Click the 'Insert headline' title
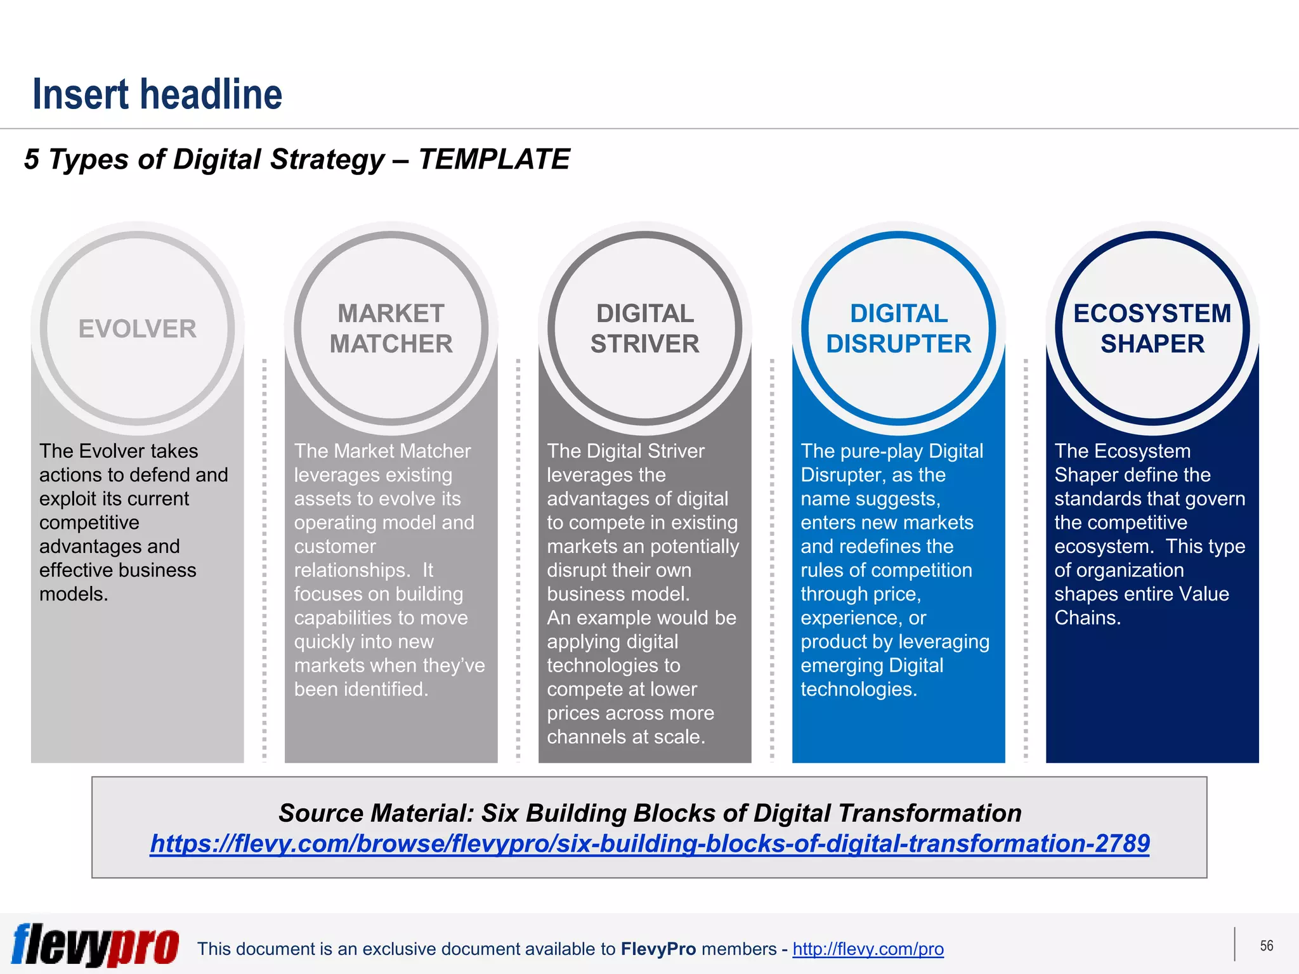point(157,94)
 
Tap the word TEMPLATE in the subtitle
point(493,159)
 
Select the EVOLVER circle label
point(137,329)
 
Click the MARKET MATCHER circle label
point(391,328)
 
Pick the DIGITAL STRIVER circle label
point(644,328)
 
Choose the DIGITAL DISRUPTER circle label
point(898,328)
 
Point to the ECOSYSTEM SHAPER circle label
point(1152,328)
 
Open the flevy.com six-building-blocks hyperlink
point(649,843)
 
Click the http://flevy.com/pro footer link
point(868,949)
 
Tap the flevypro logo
point(95,945)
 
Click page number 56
point(1266,946)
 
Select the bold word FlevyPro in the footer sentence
point(658,949)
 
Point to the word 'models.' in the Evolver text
point(74,594)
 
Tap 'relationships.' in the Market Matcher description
point(352,570)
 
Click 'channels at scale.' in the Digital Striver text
point(626,737)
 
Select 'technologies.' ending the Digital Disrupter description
point(859,689)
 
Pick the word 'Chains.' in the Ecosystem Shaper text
point(1087,618)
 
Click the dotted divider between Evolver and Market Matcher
point(264,558)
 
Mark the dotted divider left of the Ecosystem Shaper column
point(1026,558)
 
